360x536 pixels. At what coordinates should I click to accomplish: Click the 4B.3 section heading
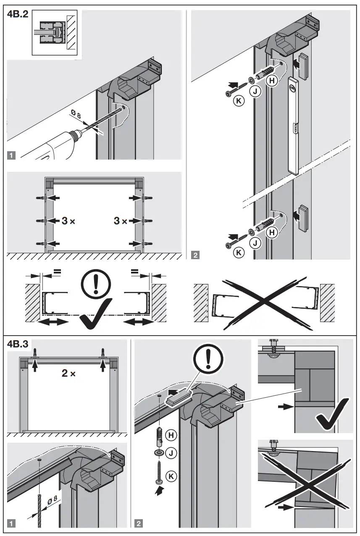pos(18,344)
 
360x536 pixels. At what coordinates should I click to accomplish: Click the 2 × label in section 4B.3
pos(68,373)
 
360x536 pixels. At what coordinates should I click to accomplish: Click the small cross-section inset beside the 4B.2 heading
pos(56,33)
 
